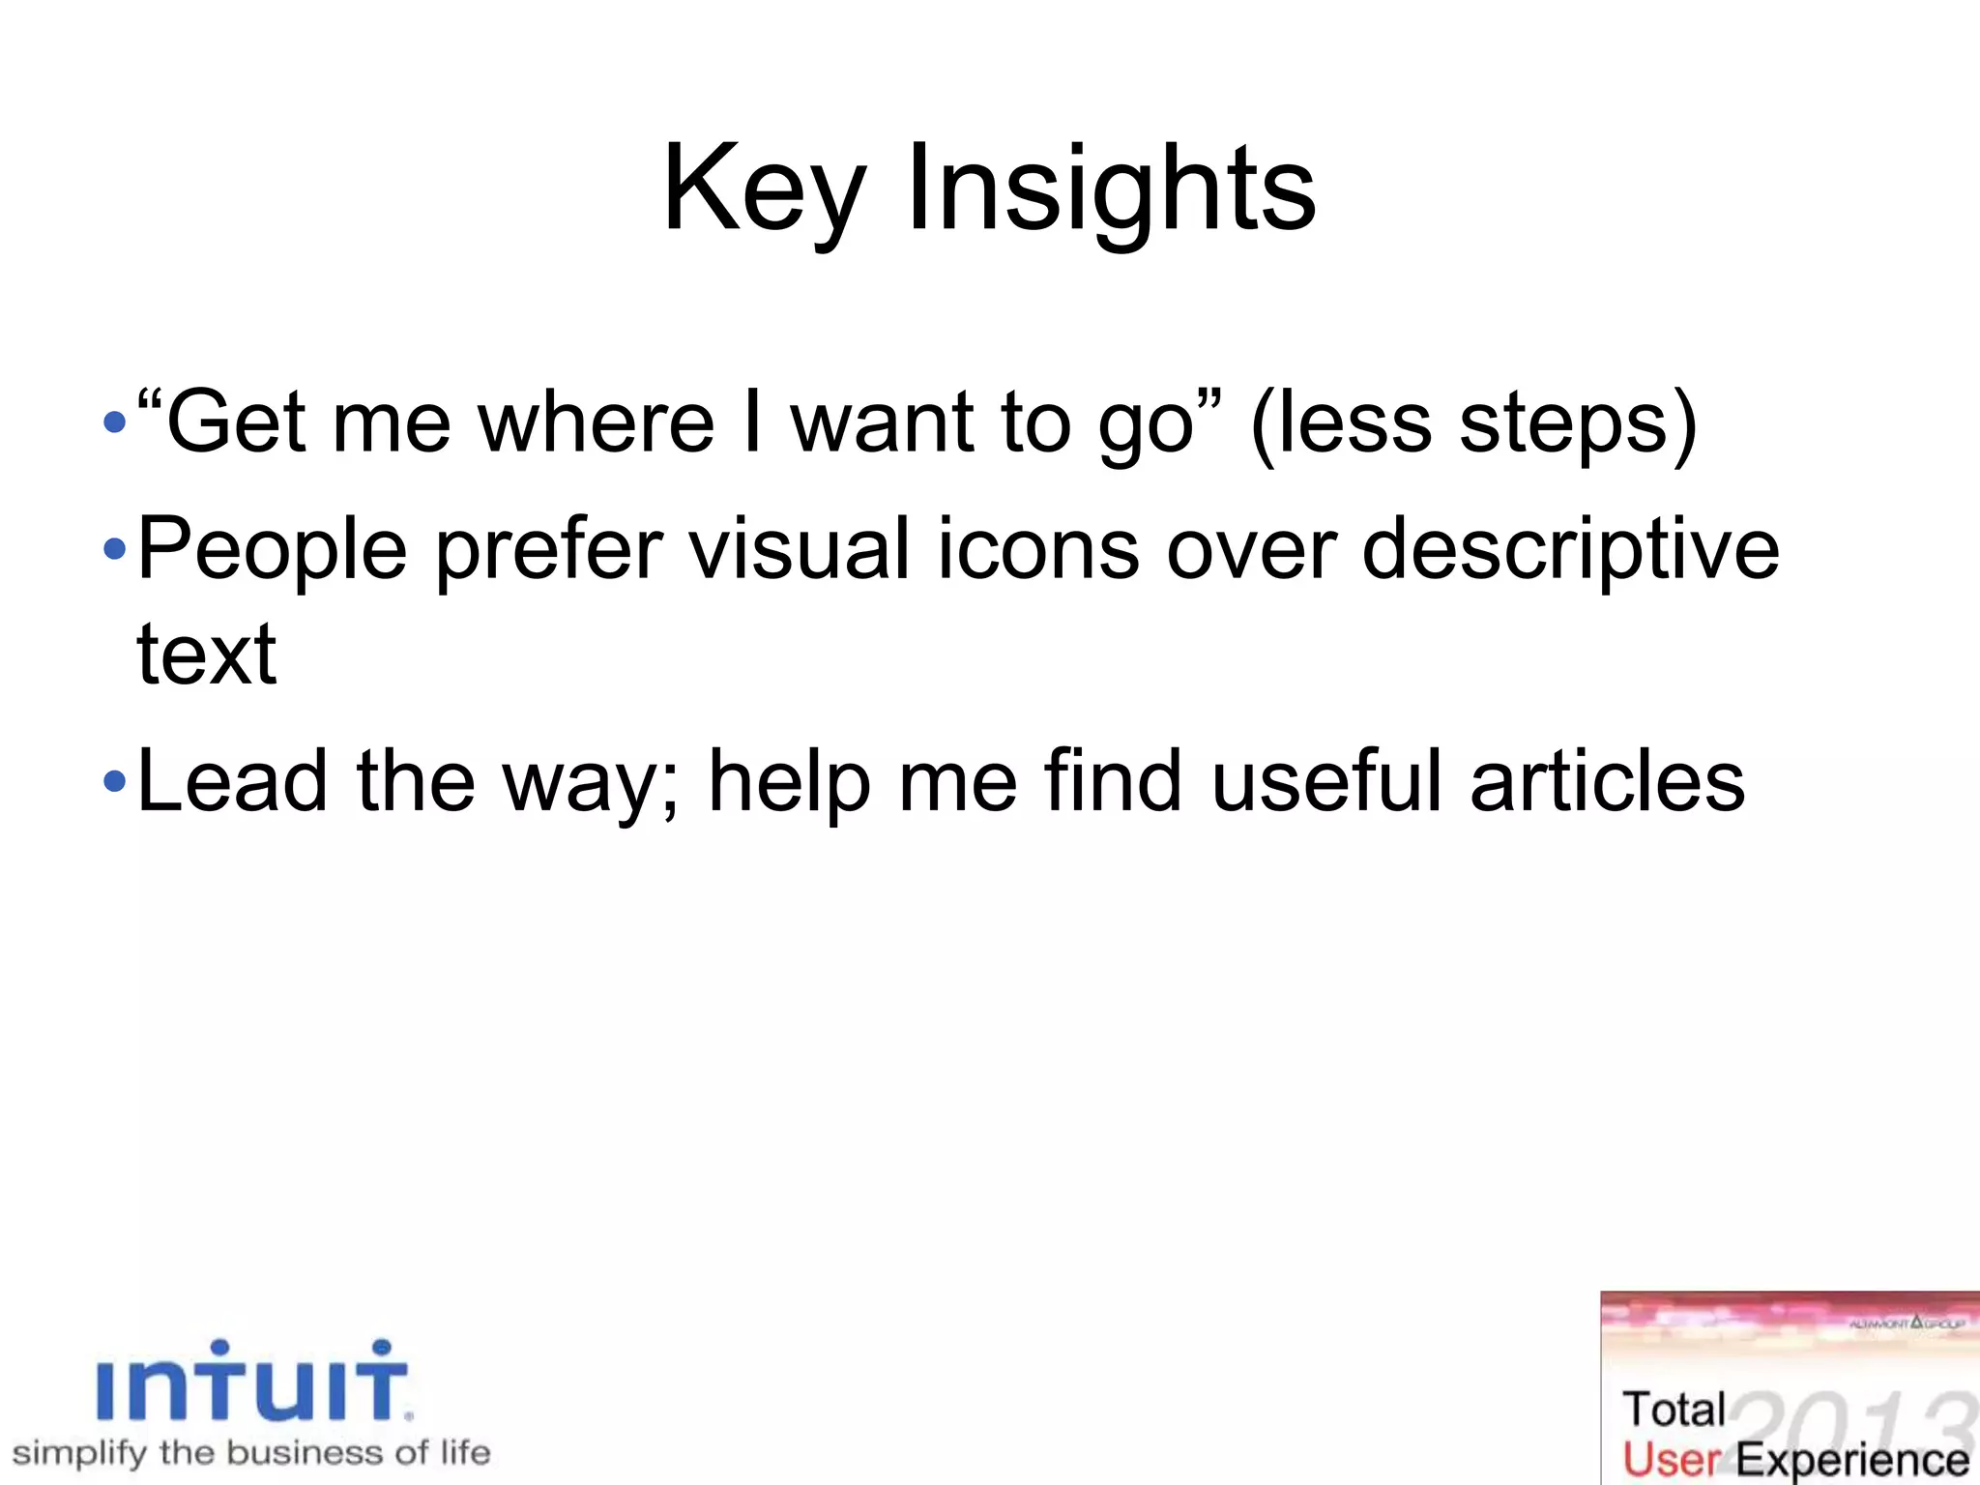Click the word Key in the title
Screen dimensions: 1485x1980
pyautogui.click(x=764, y=189)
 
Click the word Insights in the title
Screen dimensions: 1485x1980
pyautogui.click(x=1112, y=189)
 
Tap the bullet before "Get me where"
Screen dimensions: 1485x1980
pyautogui.click(x=114, y=422)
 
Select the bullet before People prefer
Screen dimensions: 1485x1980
pyautogui.click(x=114, y=549)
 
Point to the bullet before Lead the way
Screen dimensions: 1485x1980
pyautogui.click(x=114, y=781)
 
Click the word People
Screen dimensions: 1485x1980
pyautogui.click(x=273, y=549)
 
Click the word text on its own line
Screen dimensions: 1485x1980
pyautogui.click(x=207, y=655)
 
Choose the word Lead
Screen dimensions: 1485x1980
pyautogui.click(x=232, y=781)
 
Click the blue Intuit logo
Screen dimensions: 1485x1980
pyautogui.click(x=253, y=1383)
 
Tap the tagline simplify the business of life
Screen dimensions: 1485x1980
pyautogui.click(x=251, y=1453)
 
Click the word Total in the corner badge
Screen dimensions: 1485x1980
pyautogui.click(x=1674, y=1410)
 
